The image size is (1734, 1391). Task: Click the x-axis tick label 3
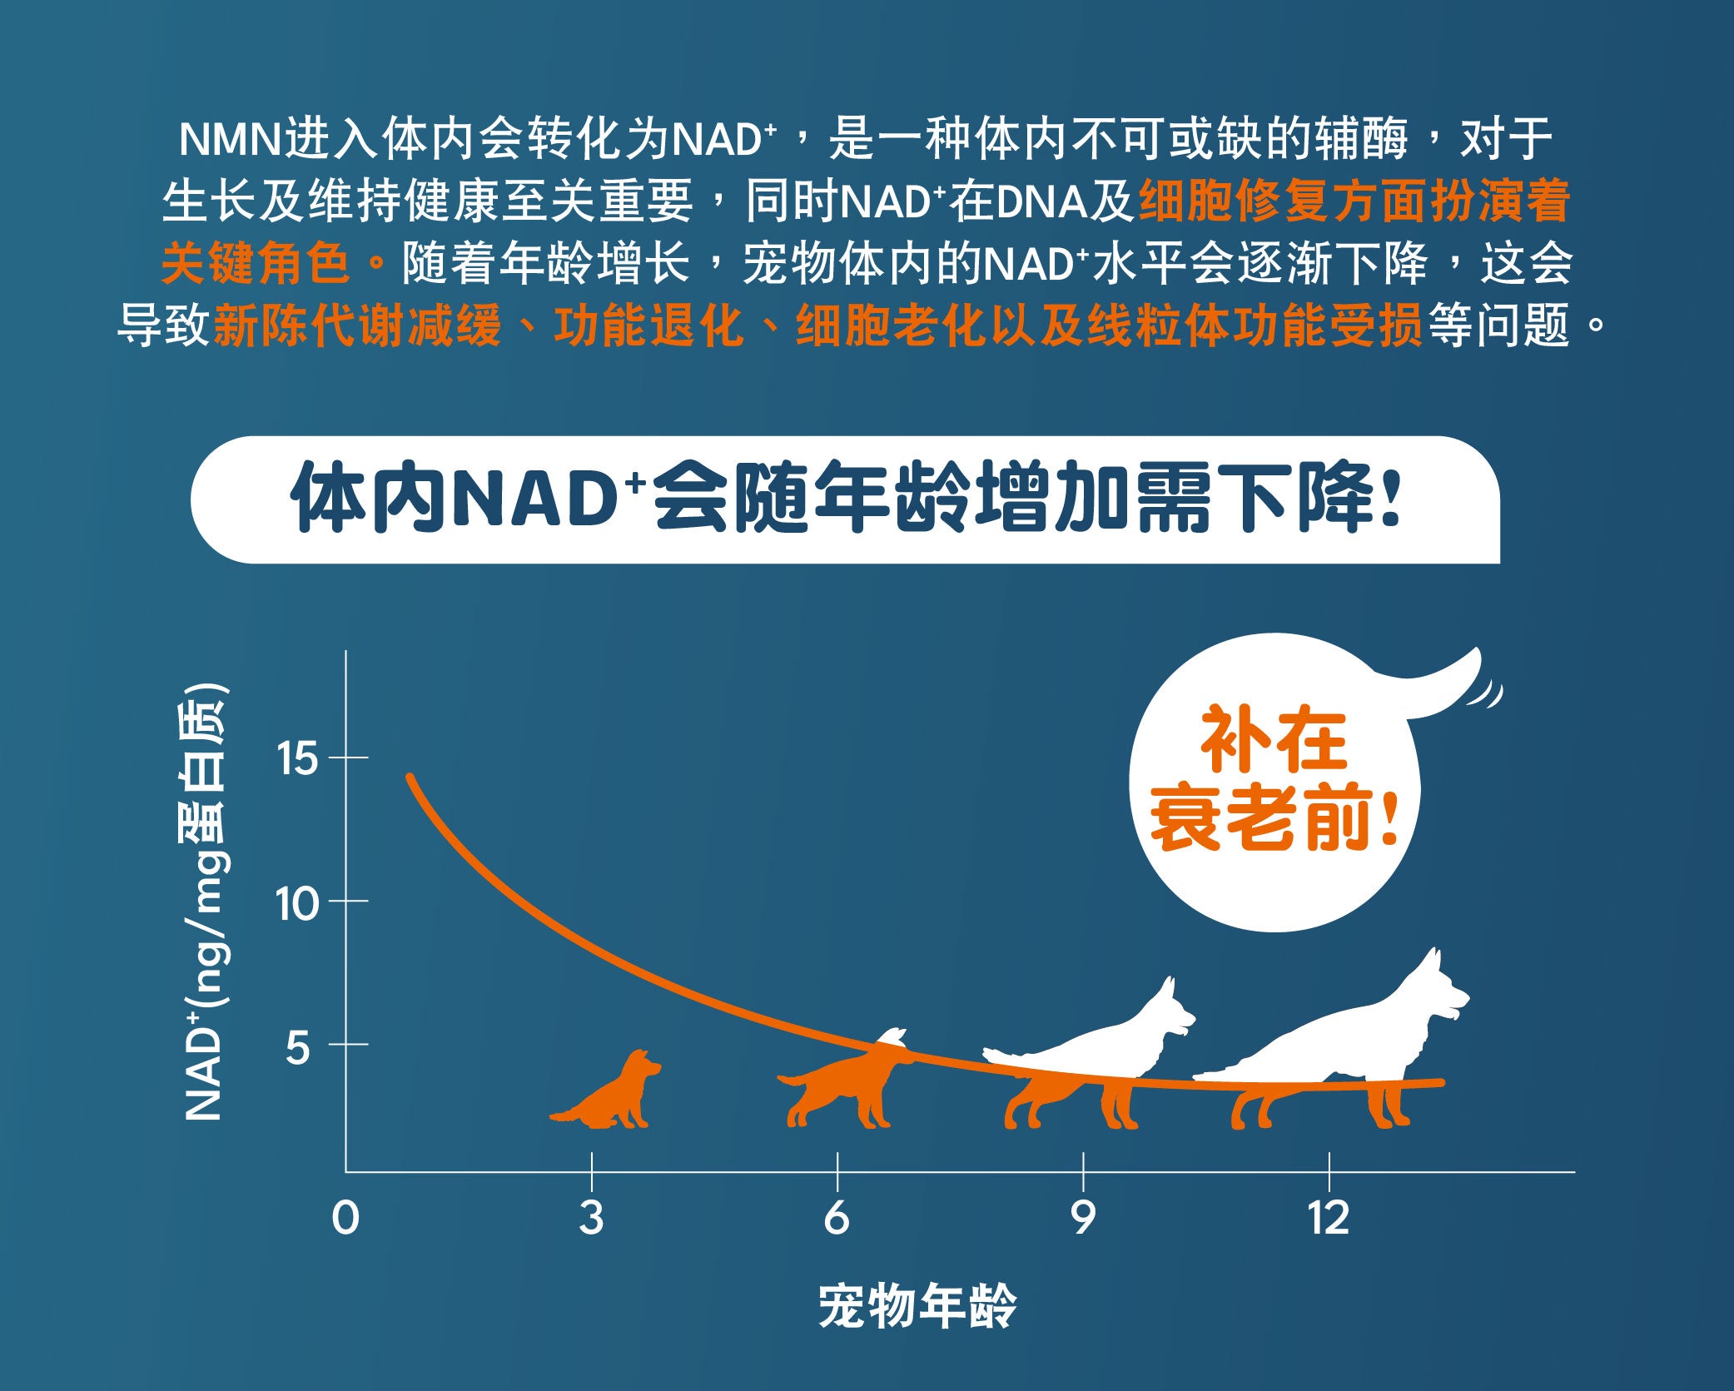point(591,1218)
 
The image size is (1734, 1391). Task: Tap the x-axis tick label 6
point(837,1218)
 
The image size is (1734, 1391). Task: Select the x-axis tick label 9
point(1082,1218)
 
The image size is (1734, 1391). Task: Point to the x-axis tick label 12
point(1328,1218)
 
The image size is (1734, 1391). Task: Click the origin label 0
point(345,1218)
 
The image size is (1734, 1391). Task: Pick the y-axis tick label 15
point(297,758)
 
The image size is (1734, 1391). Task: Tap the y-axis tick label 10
point(297,902)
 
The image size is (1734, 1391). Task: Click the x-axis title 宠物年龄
point(918,1306)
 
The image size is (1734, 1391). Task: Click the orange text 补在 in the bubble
point(1274,740)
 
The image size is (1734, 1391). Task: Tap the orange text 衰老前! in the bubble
point(1274,817)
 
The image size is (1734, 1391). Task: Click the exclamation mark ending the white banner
point(1389,497)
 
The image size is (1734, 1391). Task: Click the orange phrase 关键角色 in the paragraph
point(256,264)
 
